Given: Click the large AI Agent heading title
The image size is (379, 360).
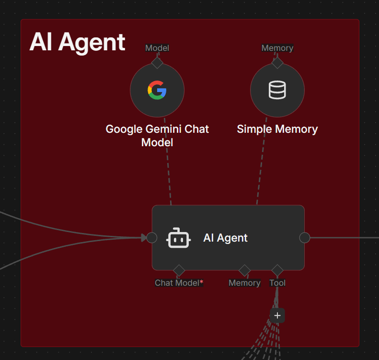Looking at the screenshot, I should coord(77,42).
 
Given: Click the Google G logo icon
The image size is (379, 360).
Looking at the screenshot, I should coord(157,90).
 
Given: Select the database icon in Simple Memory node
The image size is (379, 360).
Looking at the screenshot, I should coord(277,90).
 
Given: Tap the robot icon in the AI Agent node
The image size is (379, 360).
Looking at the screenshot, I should coord(179,238).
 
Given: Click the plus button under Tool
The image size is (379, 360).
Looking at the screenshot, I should coord(277,315).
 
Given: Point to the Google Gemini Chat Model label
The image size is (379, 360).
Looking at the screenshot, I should coord(157,136).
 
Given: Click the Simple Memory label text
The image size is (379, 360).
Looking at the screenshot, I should coord(277,129).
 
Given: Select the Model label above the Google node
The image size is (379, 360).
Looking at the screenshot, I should coord(157,48).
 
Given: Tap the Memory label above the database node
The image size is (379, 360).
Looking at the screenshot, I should coord(277,48).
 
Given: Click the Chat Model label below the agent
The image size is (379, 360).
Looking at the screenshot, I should coord(176,283).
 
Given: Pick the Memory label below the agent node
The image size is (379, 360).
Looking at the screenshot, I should coord(244,283).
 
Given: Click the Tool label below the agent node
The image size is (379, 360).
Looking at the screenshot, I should coord(277,283).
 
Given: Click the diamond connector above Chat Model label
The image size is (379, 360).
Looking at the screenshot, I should coord(179,270).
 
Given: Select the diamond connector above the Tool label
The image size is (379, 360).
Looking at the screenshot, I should coord(277,270).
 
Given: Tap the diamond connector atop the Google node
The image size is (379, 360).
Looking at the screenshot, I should coord(157,62).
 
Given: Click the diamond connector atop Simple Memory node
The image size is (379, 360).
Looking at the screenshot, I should coord(277,62).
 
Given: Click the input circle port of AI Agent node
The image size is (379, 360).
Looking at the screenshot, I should coord(152,238).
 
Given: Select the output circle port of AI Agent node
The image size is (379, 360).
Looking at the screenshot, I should coord(304,238).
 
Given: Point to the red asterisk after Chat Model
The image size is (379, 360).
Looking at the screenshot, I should coord(202,282).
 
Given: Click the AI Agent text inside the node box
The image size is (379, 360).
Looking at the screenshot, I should coord(225,238).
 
